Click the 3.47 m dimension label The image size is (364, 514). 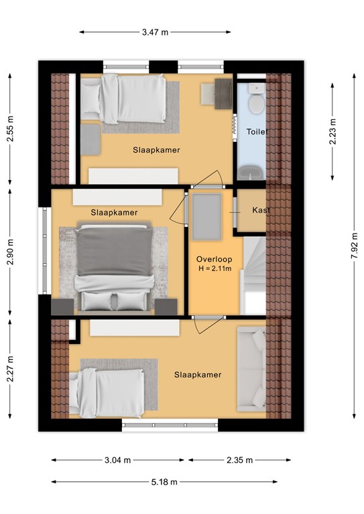(x=155, y=32)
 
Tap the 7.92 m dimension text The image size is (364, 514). (x=354, y=246)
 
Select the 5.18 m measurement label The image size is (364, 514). (x=164, y=482)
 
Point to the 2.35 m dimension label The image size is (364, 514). (x=239, y=460)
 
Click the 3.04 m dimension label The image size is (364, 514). (x=117, y=460)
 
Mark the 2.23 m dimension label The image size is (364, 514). (x=332, y=131)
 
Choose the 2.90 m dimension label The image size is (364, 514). (x=10, y=252)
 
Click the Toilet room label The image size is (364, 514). (x=257, y=132)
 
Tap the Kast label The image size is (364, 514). (x=261, y=209)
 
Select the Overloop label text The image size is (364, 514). (x=214, y=259)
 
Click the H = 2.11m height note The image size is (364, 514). (x=215, y=269)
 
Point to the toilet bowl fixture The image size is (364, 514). (x=256, y=99)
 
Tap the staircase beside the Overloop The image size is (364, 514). (x=254, y=276)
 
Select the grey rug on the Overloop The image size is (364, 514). (x=206, y=217)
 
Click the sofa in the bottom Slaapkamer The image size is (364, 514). (x=251, y=369)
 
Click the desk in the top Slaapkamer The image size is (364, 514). (x=223, y=94)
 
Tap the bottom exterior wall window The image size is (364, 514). (x=170, y=425)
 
